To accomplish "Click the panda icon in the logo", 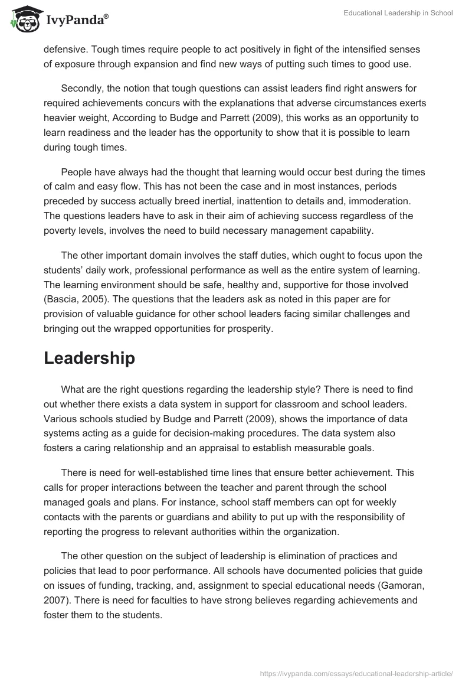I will [x=23, y=19].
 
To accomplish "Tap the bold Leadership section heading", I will [x=89, y=358].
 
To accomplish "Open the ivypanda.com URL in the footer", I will [x=356, y=673].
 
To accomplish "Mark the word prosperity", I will [x=250, y=328].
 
